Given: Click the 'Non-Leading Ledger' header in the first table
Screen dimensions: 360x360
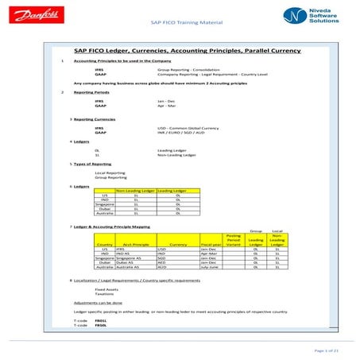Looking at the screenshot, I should (134, 192).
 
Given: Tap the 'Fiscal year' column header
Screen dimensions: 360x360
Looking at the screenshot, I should (211, 244).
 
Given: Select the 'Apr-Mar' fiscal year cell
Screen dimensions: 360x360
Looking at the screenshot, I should (208, 253).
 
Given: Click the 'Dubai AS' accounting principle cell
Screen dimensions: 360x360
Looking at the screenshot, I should (126, 262).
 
